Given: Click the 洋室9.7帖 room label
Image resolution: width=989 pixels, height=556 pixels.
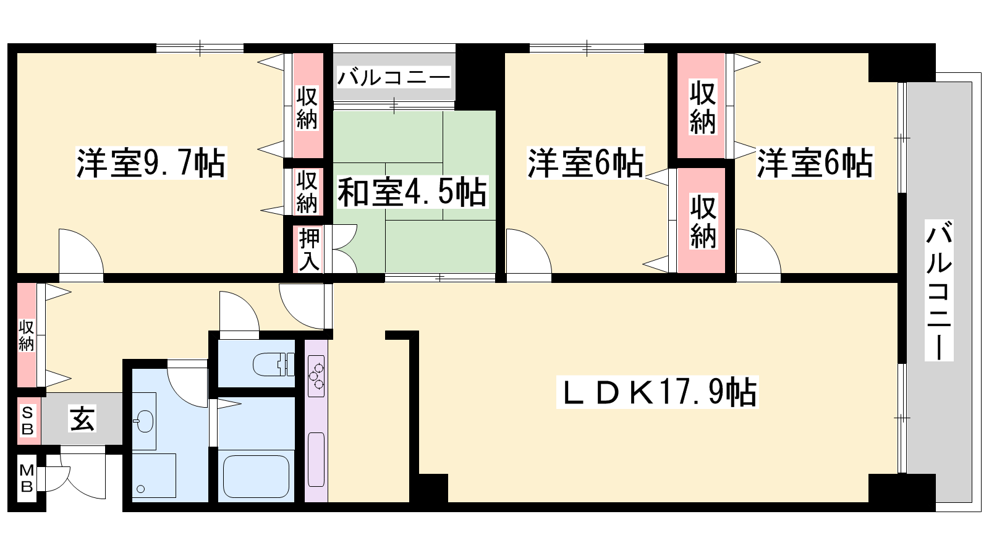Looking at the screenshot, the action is tap(151, 163).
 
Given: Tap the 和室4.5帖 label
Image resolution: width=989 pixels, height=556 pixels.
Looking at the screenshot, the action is tap(412, 192).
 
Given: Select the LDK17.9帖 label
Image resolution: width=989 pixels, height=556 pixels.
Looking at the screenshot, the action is tap(657, 392).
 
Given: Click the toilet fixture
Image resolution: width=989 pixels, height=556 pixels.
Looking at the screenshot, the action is tap(273, 364).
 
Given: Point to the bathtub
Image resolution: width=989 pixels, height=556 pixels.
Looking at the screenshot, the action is tap(256, 476).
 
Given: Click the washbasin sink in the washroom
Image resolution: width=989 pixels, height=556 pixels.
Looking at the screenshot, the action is tap(143, 421).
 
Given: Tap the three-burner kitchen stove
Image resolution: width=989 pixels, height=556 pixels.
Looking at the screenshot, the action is tap(316, 376).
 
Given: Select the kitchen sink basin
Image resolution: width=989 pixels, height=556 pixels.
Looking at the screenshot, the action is tap(316, 460).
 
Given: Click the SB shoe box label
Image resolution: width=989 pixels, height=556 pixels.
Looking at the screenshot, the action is tap(27, 421).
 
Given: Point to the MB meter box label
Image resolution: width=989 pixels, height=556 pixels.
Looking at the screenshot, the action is tap(27, 478).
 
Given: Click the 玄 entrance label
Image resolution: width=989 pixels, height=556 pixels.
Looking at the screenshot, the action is tap(82, 419).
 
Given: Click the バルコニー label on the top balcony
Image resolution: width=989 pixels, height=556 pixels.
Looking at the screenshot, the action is tap(393, 78).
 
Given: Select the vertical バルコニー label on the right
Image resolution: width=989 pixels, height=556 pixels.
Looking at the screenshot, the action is tap(939, 290).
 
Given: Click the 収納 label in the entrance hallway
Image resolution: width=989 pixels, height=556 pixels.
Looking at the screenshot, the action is tap(26, 335).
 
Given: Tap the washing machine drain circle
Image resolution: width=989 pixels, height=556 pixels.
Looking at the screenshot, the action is tap(141, 489).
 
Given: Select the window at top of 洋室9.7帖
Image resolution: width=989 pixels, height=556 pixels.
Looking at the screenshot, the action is tap(200, 48).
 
